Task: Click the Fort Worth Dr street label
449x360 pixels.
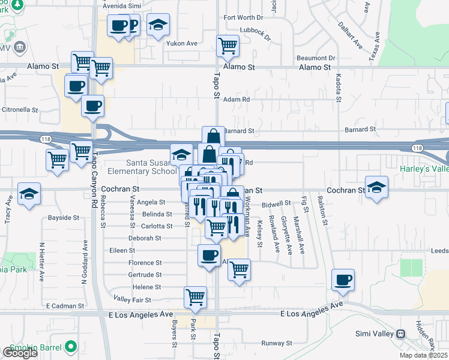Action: (x=243, y=17)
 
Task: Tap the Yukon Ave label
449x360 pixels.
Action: (x=183, y=43)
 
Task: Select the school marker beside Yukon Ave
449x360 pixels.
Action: (x=158, y=25)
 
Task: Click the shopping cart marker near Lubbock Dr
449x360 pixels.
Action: (x=228, y=46)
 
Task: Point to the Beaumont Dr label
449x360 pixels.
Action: (x=315, y=58)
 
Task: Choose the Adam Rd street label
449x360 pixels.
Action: (x=236, y=100)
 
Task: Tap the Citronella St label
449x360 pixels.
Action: (x=20, y=110)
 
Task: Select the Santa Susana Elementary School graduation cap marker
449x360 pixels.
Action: (x=181, y=155)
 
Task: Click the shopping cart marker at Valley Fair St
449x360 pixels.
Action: (x=196, y=298)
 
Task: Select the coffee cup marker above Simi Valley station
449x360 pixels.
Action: (x=343, y=280)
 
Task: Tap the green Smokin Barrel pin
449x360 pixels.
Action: (x=71, y=346)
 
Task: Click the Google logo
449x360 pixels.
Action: (x=20, y=353)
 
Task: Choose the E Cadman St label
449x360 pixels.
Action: (x=65, y=306)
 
